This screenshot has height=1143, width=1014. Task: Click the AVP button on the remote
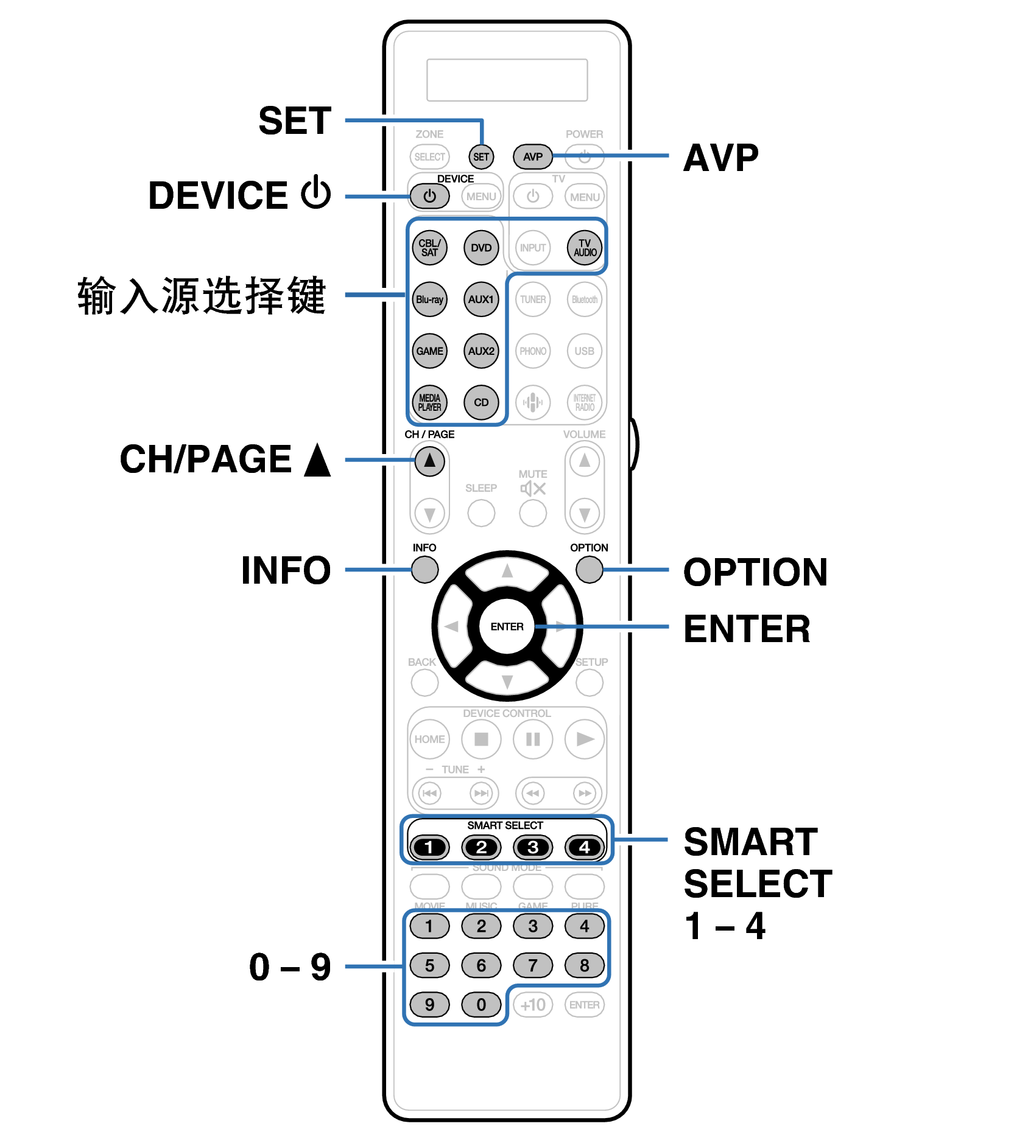point(532,156)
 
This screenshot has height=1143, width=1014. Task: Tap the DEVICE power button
point(429,196)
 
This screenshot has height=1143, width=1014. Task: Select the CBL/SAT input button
point(429,248)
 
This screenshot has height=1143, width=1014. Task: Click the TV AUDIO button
point(585,248)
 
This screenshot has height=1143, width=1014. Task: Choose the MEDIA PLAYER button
point(429,402)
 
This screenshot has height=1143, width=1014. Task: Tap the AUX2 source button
point(481,351)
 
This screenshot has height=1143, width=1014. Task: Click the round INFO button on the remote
point(424,570)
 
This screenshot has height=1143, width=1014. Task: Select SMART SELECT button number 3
point(533,847)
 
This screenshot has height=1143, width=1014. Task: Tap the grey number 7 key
point(533,965)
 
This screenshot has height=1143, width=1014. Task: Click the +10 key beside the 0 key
point(533,1005)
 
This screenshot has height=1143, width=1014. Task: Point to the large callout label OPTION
point(755,572)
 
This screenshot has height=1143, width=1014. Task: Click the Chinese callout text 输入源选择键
point(202,296)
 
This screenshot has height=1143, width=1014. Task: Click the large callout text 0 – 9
point(290,967)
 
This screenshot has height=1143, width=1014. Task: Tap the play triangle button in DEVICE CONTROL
point(585,739)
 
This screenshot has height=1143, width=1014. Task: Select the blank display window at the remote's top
point(507,80)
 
